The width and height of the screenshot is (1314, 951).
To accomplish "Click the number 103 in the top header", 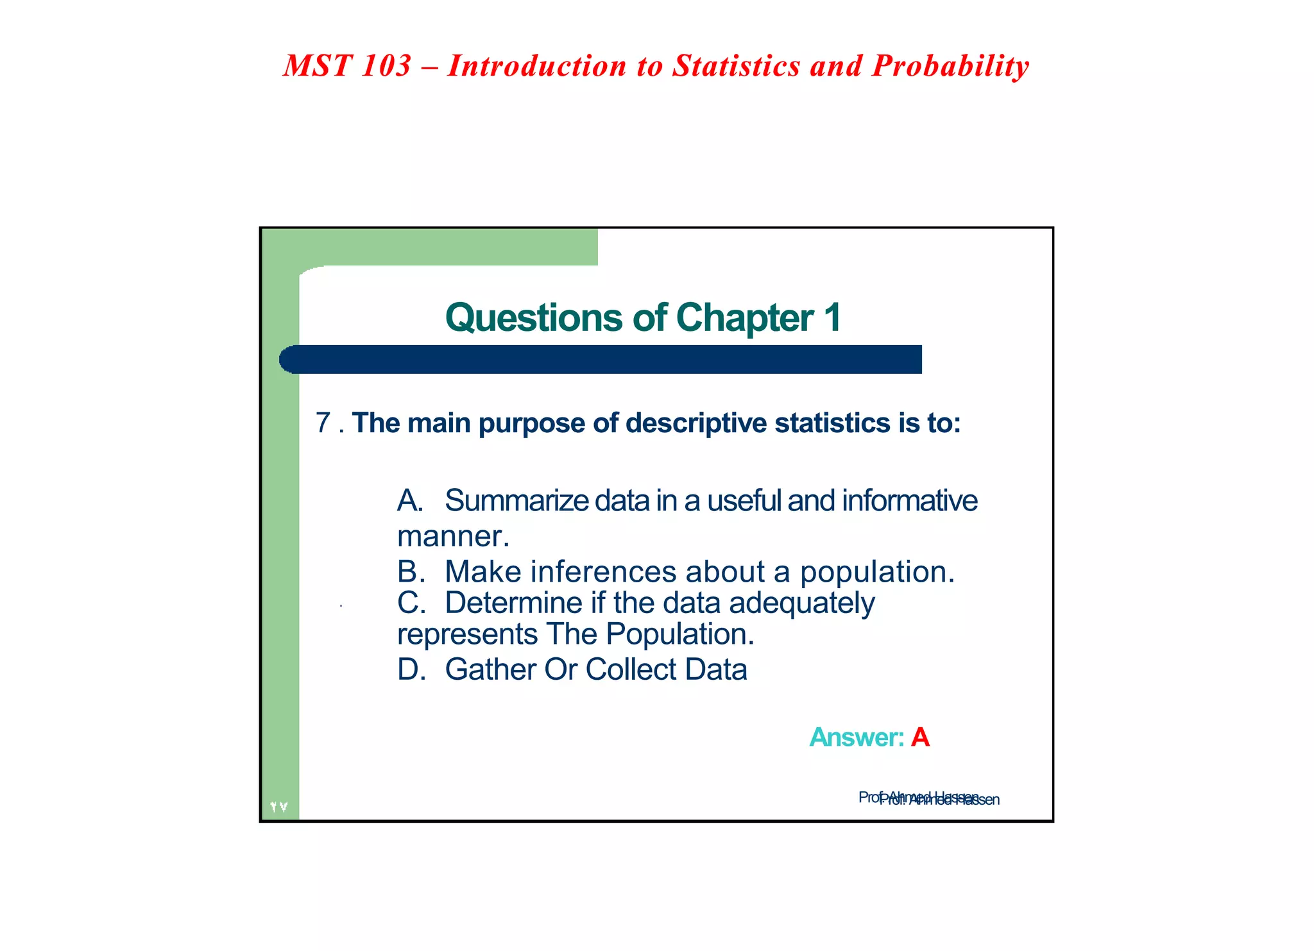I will pyautogui.click(x=386, y=66).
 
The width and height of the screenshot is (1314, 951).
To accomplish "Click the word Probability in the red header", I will pyautogui.click(x=950, y=66).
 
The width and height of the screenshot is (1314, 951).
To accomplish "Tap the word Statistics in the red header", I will pyautogui.click(x=736, y=66).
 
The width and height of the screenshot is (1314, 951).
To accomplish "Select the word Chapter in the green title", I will pyautogui.click(x=744, y=317).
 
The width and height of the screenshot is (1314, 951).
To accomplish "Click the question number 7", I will pyautogui.click(x=323, y=423).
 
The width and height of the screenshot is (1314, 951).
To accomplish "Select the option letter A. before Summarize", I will pyautogui.click(x=410, y=501).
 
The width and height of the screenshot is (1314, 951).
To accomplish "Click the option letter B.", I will pyautogui.click(x=410, y=571).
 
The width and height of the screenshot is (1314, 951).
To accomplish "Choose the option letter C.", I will pyautogui.click(x=410, y=603).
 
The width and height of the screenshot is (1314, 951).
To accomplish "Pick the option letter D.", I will pyautogui.click(x=411, y=669).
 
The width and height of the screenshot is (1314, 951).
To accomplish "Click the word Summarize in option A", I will pyautogui.click(x=516, y=501).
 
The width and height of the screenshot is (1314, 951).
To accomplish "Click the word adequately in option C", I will pyautogui.click(x=801, y=603).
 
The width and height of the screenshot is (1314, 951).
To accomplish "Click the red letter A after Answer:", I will pyautogui.click(x=920, y=737).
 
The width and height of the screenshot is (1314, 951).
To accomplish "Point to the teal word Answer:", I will pyautogui.click(x=857, y=737).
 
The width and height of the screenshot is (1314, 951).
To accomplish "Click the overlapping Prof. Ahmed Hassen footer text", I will pyautogui.click(x=928, y=798).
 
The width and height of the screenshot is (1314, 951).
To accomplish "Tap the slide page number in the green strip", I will pyautogui.click(x=279, y=807).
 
